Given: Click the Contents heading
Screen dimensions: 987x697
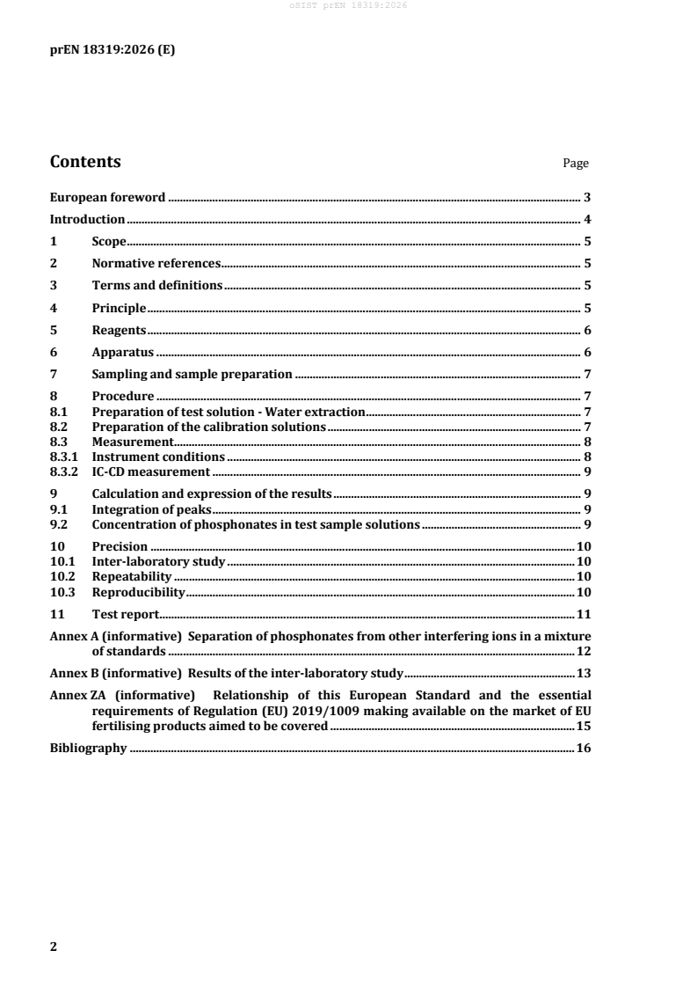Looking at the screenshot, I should (85, 162).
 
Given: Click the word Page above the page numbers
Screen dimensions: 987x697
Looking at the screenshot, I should (576, 164).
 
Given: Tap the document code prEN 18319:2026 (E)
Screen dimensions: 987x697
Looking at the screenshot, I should (112, 50).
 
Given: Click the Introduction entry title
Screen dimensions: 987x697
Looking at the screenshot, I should (88, 220).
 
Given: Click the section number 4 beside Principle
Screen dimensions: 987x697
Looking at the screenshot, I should (54, 309).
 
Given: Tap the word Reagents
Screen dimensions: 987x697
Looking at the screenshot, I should (119, 331).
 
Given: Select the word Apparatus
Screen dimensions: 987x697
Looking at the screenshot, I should (123, 353).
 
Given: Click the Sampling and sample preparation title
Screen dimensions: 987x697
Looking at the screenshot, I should (192, 375).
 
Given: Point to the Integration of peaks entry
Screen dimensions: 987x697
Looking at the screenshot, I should (151, 510).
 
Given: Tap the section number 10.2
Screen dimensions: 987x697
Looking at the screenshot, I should (61, 577).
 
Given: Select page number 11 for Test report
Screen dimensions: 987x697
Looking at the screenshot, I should (583, 614).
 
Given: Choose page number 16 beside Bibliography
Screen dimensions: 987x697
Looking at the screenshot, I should (583, 749).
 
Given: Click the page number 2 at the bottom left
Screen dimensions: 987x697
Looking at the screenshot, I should (54, 947).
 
